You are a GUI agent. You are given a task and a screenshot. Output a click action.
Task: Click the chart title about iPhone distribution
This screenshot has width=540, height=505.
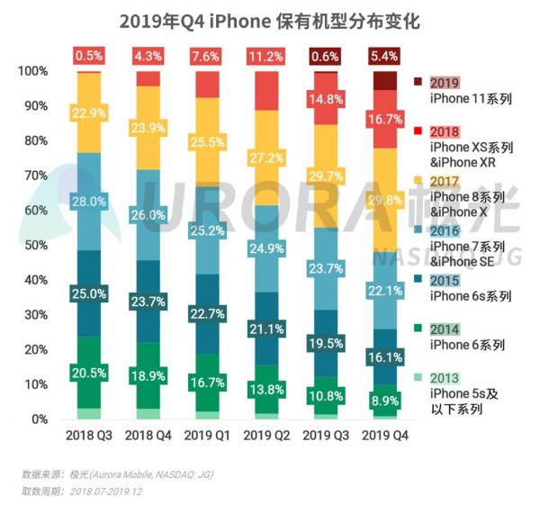pos(270,19)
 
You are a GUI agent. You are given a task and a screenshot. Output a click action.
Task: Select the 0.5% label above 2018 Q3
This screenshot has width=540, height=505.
pos(88,56)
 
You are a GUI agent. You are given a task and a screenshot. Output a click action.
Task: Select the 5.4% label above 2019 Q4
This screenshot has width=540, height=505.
pos(385,56)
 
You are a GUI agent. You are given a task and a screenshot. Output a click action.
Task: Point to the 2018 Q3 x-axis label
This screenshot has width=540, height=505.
pos(88,436)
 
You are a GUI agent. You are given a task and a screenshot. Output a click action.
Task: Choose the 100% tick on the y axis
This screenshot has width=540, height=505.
pos(32,71)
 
